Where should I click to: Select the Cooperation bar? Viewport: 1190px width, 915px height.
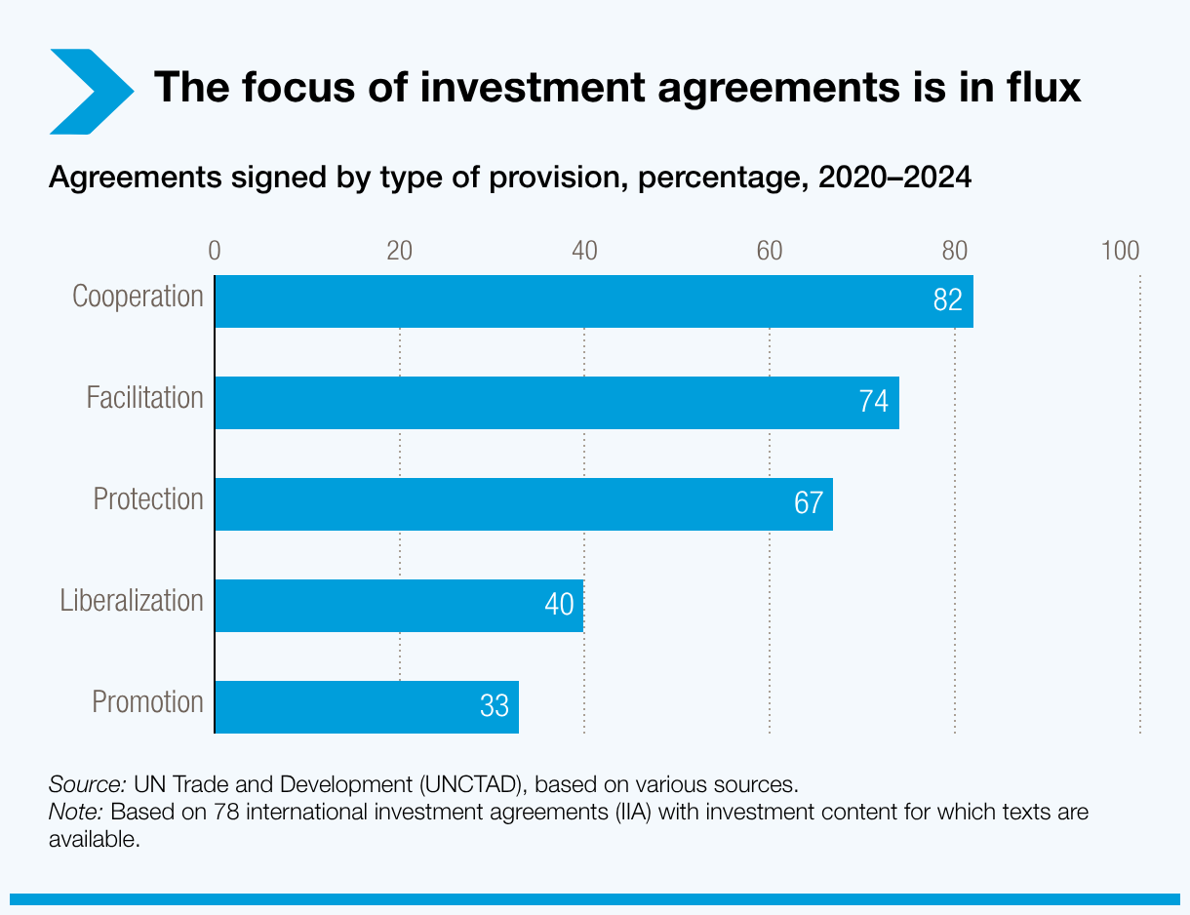593,301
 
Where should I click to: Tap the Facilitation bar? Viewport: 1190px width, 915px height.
556,403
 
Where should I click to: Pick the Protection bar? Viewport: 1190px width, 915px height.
523,504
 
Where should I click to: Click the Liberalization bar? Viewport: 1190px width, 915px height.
398,606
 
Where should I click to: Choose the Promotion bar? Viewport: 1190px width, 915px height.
366,707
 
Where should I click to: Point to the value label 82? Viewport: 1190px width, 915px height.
947,300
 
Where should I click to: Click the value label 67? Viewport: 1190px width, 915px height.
809,504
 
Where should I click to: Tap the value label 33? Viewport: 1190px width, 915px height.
495,706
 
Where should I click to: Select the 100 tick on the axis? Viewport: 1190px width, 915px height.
1120,251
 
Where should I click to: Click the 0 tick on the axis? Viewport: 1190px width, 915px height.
215,251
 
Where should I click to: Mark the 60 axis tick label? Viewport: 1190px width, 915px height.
770,251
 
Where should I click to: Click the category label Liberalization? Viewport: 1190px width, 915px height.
132,600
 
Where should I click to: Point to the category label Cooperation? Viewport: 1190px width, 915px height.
138,297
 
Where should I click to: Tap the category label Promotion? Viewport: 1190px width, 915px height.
147,701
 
